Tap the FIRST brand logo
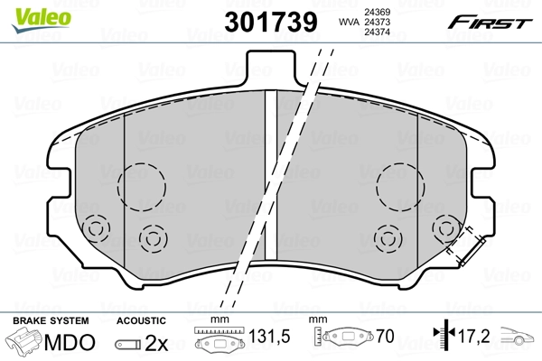(491, 21)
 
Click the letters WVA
(347, 23)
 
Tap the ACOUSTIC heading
(141, 320)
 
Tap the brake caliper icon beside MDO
(24, 342)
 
